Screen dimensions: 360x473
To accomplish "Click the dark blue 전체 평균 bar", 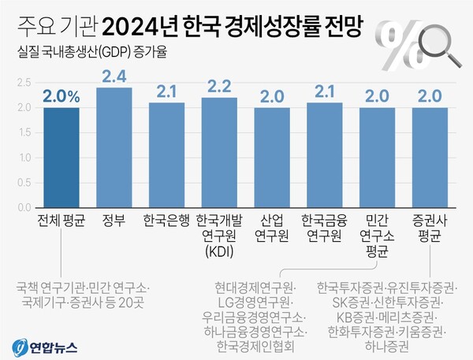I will [x=61, y=158].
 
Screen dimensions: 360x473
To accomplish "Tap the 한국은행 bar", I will [x=166, y=155].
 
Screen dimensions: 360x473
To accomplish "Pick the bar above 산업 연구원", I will [x=272, y=158].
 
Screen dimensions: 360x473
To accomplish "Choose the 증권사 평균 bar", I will [x=430, y=158].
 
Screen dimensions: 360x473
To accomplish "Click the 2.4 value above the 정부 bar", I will [x=114, y=76].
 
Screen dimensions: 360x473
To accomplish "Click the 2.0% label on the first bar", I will [x=61, y=97].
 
